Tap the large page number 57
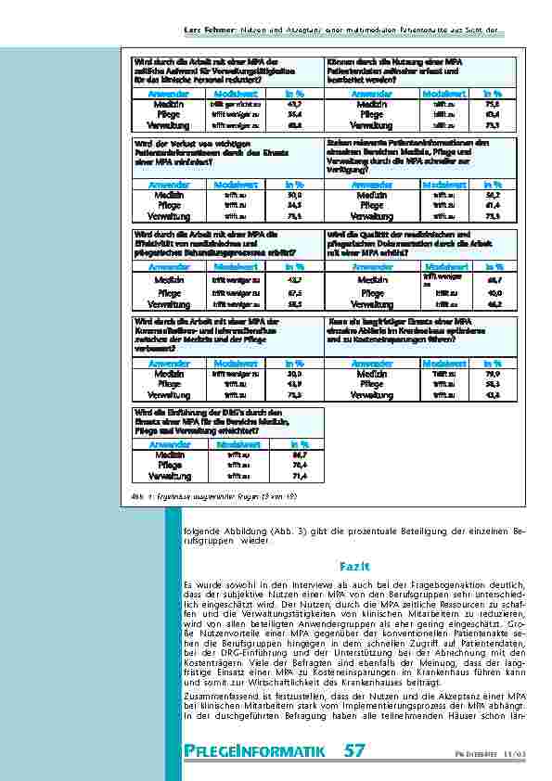(354, 750)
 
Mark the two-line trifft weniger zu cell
(442, 277)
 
